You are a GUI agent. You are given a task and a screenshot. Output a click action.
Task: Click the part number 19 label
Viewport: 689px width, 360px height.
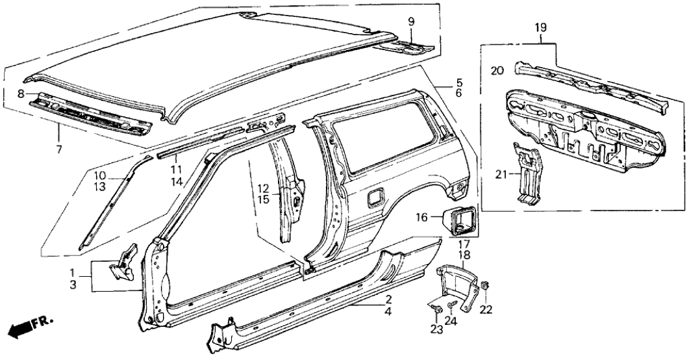click(x=541, y=27)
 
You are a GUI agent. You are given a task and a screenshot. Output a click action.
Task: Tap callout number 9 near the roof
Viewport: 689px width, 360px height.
click(x=410, y=22)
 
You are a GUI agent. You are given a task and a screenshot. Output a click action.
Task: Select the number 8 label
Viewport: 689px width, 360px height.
click(x=22, y=94)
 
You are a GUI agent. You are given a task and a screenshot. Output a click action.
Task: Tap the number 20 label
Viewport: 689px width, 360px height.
click(x=497, y=71)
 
